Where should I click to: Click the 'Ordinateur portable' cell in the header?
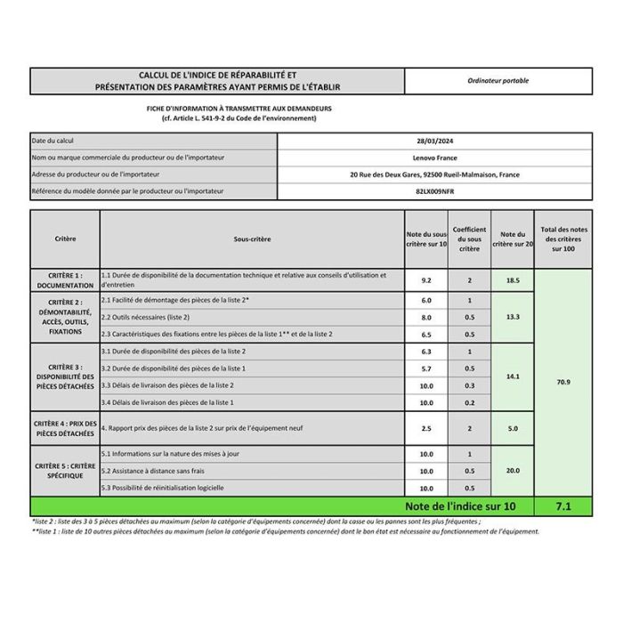pyautogui.click(x=498, y=81)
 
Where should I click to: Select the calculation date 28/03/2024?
pyautogui.click(x=434, y=141)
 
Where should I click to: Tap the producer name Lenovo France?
pyautogui.click(x=434, y=158)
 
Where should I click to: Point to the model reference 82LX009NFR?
pyautogui.click(x=434, y=191)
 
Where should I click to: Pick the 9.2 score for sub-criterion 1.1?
pyautogui.click(x=426, y=279)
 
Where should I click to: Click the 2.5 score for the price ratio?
pyautogui.click(x=426, y=428)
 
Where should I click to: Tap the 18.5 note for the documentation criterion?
pyautogui.click(x=513, y=279)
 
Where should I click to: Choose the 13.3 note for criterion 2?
pyautogui.click(x=513, y=317)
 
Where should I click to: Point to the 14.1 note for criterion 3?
pyautogui.click(x=513, y=376)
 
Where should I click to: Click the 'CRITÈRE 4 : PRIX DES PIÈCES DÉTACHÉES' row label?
pyautogui.click(x=65, y=428)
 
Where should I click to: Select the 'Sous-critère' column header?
pyautogui.click(x=252, y=239)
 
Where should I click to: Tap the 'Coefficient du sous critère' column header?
pyautogui.click(x=469, y=239)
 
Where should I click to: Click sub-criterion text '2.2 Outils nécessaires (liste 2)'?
pyautogui.click(x=146, y=317)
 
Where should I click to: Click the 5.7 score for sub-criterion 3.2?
pyautogui.click(x=426, y=368)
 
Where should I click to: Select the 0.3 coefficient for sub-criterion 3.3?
pyautogui.click(x=469, y=385)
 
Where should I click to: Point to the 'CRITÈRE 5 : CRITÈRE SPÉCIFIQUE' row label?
pyautogui.click(x=65, y=471)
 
